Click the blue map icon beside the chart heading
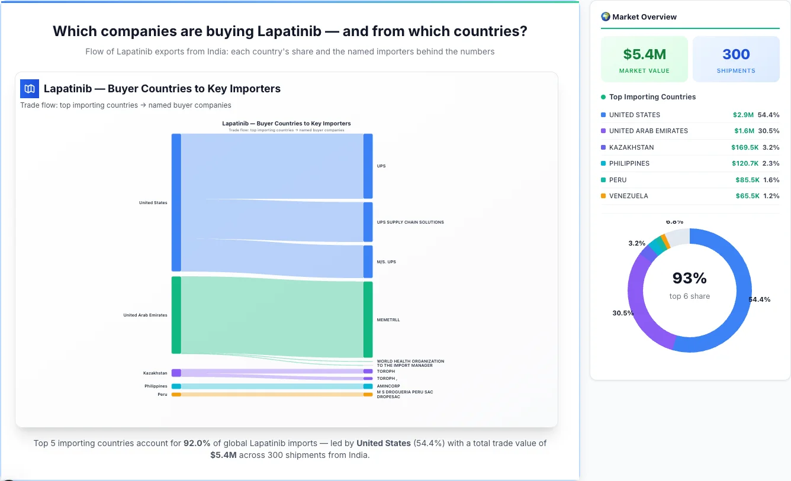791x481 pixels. (30, 89)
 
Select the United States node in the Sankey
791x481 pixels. (176, 202)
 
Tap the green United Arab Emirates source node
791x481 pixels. (176, 315)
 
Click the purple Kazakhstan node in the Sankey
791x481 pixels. (176, 373)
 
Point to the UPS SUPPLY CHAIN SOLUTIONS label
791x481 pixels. (410, 222)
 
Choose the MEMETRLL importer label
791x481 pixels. (388, 320)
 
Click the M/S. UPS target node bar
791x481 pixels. (368, 262)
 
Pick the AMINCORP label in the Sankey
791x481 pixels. (388, 386)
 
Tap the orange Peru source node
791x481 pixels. (176, 394)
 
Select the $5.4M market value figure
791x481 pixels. (644, 54)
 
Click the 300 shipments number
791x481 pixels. (736, 54)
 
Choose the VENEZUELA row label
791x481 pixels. (628, 196)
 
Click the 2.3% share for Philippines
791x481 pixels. (771, 163)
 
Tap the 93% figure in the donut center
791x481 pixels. (690, 278)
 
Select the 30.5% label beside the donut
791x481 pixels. (623, 313)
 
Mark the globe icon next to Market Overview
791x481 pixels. (605, 17)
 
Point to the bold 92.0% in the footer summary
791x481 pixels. (197, 443)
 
